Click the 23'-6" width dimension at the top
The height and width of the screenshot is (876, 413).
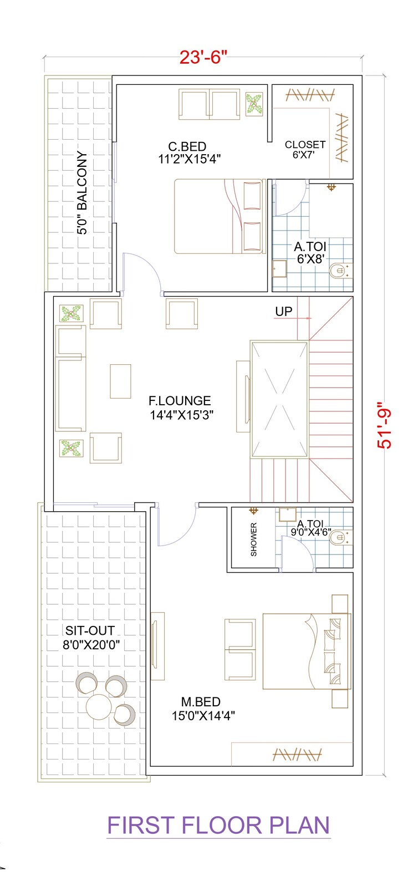click(x=203, y=57)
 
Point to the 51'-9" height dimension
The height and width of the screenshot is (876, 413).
click(x=384, y=425)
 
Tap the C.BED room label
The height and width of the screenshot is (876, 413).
click(x=187, y=147)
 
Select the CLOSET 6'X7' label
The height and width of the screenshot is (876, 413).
click(x=305, y=149)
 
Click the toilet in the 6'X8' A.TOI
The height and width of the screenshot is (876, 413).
click(x=338, y=271)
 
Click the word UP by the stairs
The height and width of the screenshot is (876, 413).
click(x=283, y=312)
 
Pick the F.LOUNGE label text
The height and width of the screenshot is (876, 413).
click(x=180, y=401)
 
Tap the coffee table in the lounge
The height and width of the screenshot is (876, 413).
click(x=120, y=381)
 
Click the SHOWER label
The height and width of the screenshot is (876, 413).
click(x=254, y=539)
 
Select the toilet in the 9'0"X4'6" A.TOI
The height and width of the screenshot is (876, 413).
click(x=339, y=537)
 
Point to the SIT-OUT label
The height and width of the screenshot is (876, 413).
click(x=90, y=631)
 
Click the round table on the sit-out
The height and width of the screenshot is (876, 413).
click(x=98, y=705)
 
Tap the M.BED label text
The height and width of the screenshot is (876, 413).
click(x=200, y=702)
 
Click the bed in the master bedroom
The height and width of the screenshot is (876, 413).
click(x=305, y=651)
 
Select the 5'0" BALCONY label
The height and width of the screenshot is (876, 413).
click(x=82, y=193)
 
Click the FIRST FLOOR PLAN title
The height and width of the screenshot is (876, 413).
click(x=218, y=826)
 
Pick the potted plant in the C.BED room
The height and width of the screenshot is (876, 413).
click(x=254, y=104)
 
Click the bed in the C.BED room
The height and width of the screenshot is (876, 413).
click(x=219, y=216)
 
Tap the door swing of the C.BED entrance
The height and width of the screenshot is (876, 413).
click(x=141, y=272)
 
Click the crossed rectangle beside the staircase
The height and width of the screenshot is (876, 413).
click(x=279, y=399)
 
